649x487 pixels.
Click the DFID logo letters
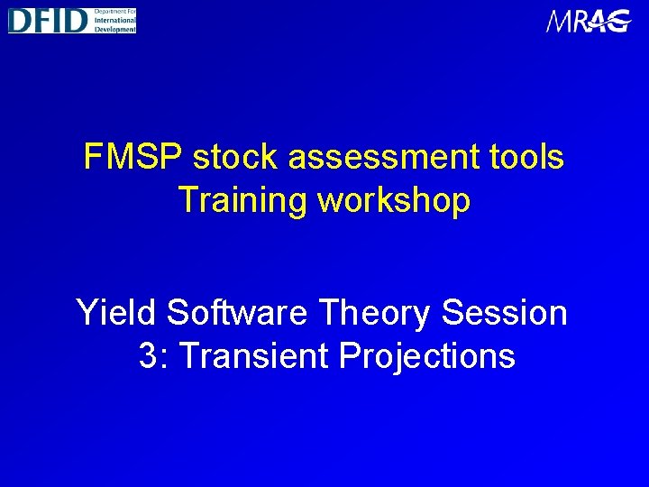(x=47, y=20)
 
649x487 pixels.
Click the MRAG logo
(x=588, y=21)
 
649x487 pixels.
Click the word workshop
(x=395, y=201)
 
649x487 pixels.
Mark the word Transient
(x=256, y=356)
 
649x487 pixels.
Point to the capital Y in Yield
(x=86, y=313)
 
